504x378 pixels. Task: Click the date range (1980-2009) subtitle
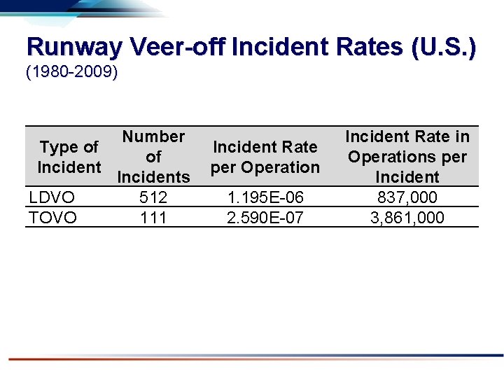71,73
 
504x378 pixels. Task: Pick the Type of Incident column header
69,157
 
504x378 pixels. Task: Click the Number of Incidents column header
153,157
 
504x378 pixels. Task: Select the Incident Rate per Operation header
265,157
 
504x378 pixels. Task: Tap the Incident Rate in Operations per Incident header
407,157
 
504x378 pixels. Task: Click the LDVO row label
52,197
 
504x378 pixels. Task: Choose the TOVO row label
53,218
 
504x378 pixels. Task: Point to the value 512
153,197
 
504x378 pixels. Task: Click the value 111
153,218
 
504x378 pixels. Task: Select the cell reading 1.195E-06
265,197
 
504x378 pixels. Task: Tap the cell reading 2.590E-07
265,218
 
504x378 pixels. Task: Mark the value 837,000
407,197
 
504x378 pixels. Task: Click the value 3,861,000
407,218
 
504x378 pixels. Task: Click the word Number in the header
153,136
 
